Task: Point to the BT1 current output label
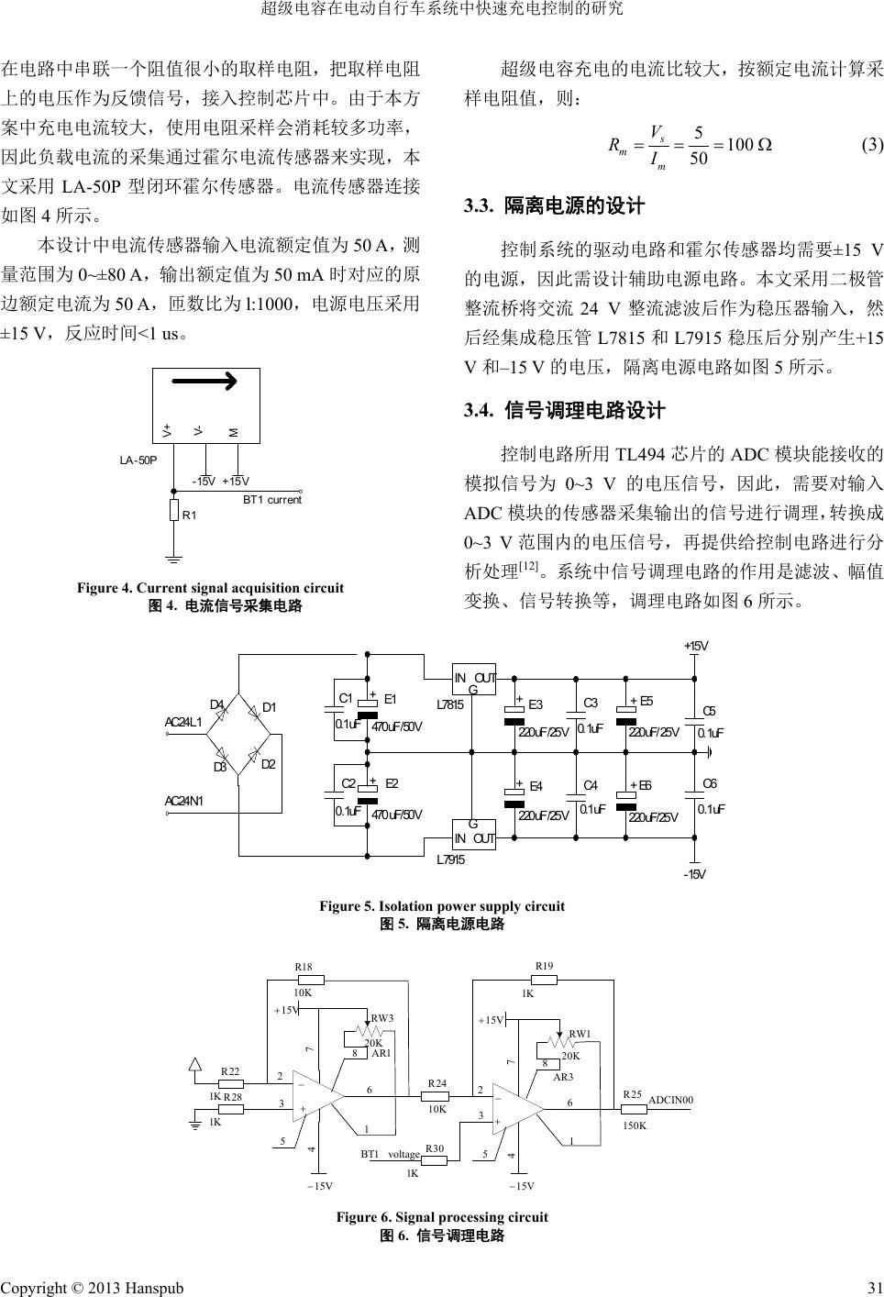point(271,500)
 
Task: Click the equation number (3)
point(871,146)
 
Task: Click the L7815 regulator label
point(449,704)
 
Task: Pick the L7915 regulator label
point(449,859)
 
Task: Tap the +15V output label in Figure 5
point(696,647)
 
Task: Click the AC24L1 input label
point(183,722)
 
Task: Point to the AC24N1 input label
point(183,801)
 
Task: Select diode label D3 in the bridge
point(220,767)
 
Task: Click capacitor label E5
point(646,702)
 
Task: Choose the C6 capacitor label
point(709,783)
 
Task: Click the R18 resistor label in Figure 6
point(304,967)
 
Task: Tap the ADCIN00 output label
point(670,1099)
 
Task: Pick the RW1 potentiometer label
point(580,1035)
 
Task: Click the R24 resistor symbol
point(436,1095)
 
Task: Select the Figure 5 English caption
point(442,906)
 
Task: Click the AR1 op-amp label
point(381,1054)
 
